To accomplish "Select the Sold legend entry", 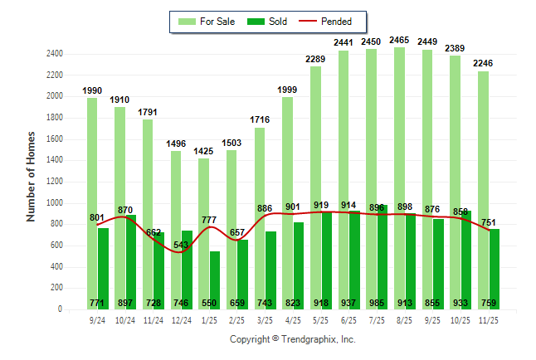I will coord(268,22).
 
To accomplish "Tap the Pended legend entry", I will coord(325,22).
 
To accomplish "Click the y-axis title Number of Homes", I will coord(31,175).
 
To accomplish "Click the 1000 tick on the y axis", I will coord(54,202).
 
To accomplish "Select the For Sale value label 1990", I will coord(93,90).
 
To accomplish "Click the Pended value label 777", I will coord(210,220).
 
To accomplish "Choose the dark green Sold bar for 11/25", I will coord(495,265).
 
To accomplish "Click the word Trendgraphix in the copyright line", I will coord(309,339).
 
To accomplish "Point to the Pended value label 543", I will coord(182,244).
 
